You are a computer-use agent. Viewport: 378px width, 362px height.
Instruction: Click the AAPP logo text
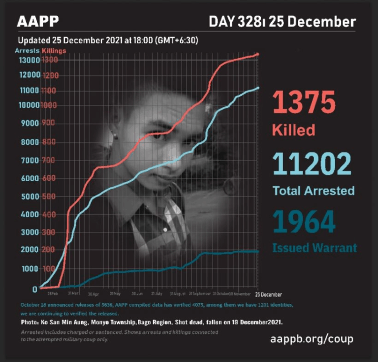tap(38, 22)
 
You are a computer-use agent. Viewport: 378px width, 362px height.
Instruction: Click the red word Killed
tap(293, 131)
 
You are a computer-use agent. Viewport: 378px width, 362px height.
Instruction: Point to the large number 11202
tap(312, 165)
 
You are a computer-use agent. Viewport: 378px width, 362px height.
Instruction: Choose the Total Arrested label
tap(314, 191)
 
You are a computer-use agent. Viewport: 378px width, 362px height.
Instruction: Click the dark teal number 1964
tap(304, 222)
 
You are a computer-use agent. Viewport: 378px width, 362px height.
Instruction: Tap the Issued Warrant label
tap(315, 248)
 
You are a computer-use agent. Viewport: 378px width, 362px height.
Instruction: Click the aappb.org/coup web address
tap(312, 339)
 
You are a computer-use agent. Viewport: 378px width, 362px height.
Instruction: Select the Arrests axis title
tap(27, 51)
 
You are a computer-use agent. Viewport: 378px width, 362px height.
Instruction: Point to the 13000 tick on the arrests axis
tap(28, 60)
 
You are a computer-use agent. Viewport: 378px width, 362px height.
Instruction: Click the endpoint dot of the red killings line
tap(257, 54)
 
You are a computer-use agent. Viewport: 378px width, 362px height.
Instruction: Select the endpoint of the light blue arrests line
tap(257, 89)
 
